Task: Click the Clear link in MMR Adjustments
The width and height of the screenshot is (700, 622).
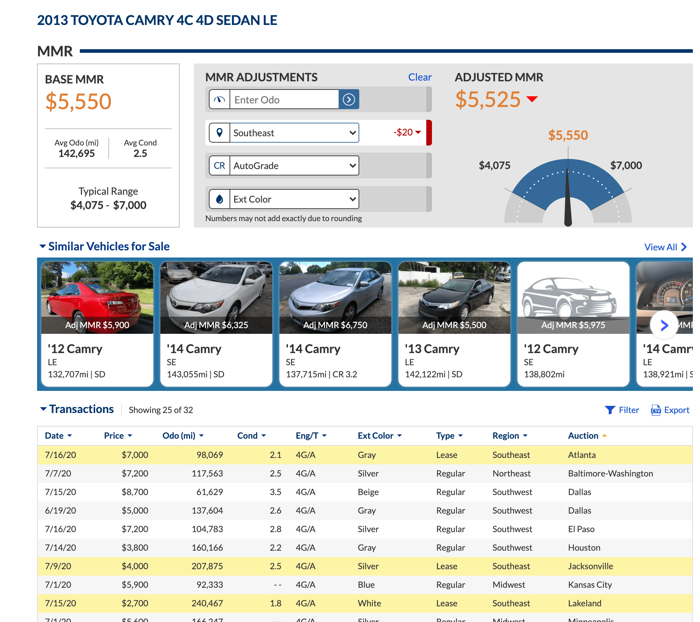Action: [420, 77]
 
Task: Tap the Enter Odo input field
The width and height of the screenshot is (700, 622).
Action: [284, 100]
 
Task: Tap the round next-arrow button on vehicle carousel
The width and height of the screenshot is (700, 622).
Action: [664, 325]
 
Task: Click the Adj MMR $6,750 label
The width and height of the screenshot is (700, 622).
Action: [335, 325]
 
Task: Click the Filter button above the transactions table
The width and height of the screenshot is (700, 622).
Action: [622, 410]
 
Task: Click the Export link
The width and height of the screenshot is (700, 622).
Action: [670, 410]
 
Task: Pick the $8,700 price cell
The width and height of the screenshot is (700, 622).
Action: [135, 492]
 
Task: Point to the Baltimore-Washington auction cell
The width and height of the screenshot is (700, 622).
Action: [610, 473]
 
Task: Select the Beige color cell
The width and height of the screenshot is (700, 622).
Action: [368, 492]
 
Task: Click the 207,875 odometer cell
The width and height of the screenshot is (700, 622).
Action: [207, 566]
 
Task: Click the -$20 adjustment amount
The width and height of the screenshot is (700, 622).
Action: [403, 132]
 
